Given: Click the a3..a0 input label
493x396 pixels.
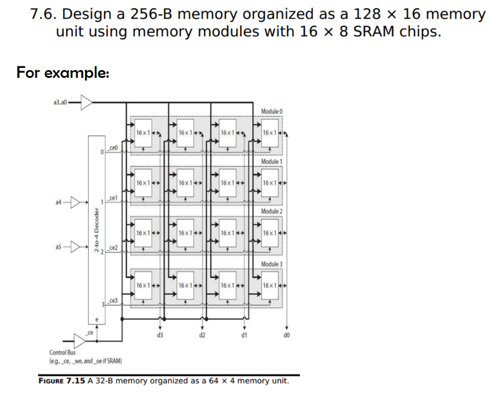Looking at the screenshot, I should click(x=60, y=102).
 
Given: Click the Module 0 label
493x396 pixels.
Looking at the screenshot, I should click(x=271, y=111).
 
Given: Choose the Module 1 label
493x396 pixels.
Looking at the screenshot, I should click(x=271, y=162).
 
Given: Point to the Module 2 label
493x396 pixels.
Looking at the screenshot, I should click(x=271, y=212).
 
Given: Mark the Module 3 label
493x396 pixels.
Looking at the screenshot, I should click(x=271, y=265).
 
